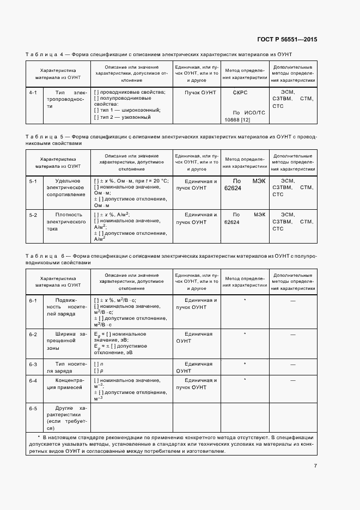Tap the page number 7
point(315,465)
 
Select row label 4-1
point(33,92)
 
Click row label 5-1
point(33,180)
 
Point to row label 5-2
point(33,215)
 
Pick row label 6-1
point(33,300)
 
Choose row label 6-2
point(33,333)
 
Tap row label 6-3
point(33,363)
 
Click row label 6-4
point(33,380)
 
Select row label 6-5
point(33,408)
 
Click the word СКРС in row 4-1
point(240,93)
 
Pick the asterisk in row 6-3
point(245,363)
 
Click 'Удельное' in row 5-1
point(68,180)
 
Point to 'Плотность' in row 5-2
point(69,215)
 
